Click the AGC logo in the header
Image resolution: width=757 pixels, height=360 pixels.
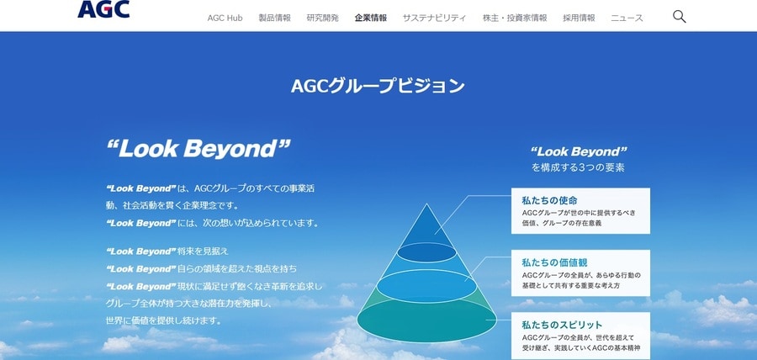pyautogui.click(x=103, y=9)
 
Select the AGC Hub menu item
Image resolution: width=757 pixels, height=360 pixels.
pyautogui.click(x=225, y=18)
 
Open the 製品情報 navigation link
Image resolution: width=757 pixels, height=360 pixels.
pyautogui.click(x=275, y=18)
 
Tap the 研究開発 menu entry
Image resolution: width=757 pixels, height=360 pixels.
pyautogui.click(x=322, y=18)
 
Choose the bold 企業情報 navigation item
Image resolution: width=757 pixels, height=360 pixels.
pyautogui.click(x=371, y=18)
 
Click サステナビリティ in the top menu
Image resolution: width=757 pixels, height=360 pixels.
pyautogui.click(x=435, y=18)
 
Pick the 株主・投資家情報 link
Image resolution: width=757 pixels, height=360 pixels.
pyautogui.click(x=515, y=18)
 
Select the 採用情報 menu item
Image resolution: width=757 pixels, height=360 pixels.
pyautogui.click(x=579, y=18)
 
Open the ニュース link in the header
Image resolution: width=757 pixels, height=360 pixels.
pyautogui.click(x=627, y=18)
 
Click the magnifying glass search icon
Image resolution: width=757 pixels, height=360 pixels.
pyautogui.click(x=680, y=17)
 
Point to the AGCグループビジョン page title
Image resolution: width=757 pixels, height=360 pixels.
pyautogui.click(x=378, y=86)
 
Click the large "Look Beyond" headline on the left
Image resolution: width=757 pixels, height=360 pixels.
pyautogui.click(x=199, y=149)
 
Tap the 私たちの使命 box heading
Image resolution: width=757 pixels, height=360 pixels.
pyautogui.click(x=549, y=200)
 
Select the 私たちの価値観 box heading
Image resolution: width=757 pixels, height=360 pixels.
pyautogui.click(x=554, y=262)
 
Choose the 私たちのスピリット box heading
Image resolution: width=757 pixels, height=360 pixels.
pyautogui.click(x=562, y=325)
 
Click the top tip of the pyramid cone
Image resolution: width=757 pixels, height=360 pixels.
pyautogui.click(x=426, y=204)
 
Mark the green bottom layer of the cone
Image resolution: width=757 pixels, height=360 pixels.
pyautogui.click(x=426, y=321)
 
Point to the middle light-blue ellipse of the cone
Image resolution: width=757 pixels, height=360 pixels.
pyautogui.click(x=426, y=287)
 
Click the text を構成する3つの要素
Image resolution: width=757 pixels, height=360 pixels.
pyautogui.click(x=578, y=168)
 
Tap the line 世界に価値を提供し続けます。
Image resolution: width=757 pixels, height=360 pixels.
pyautogui.click(x=164, y=320)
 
